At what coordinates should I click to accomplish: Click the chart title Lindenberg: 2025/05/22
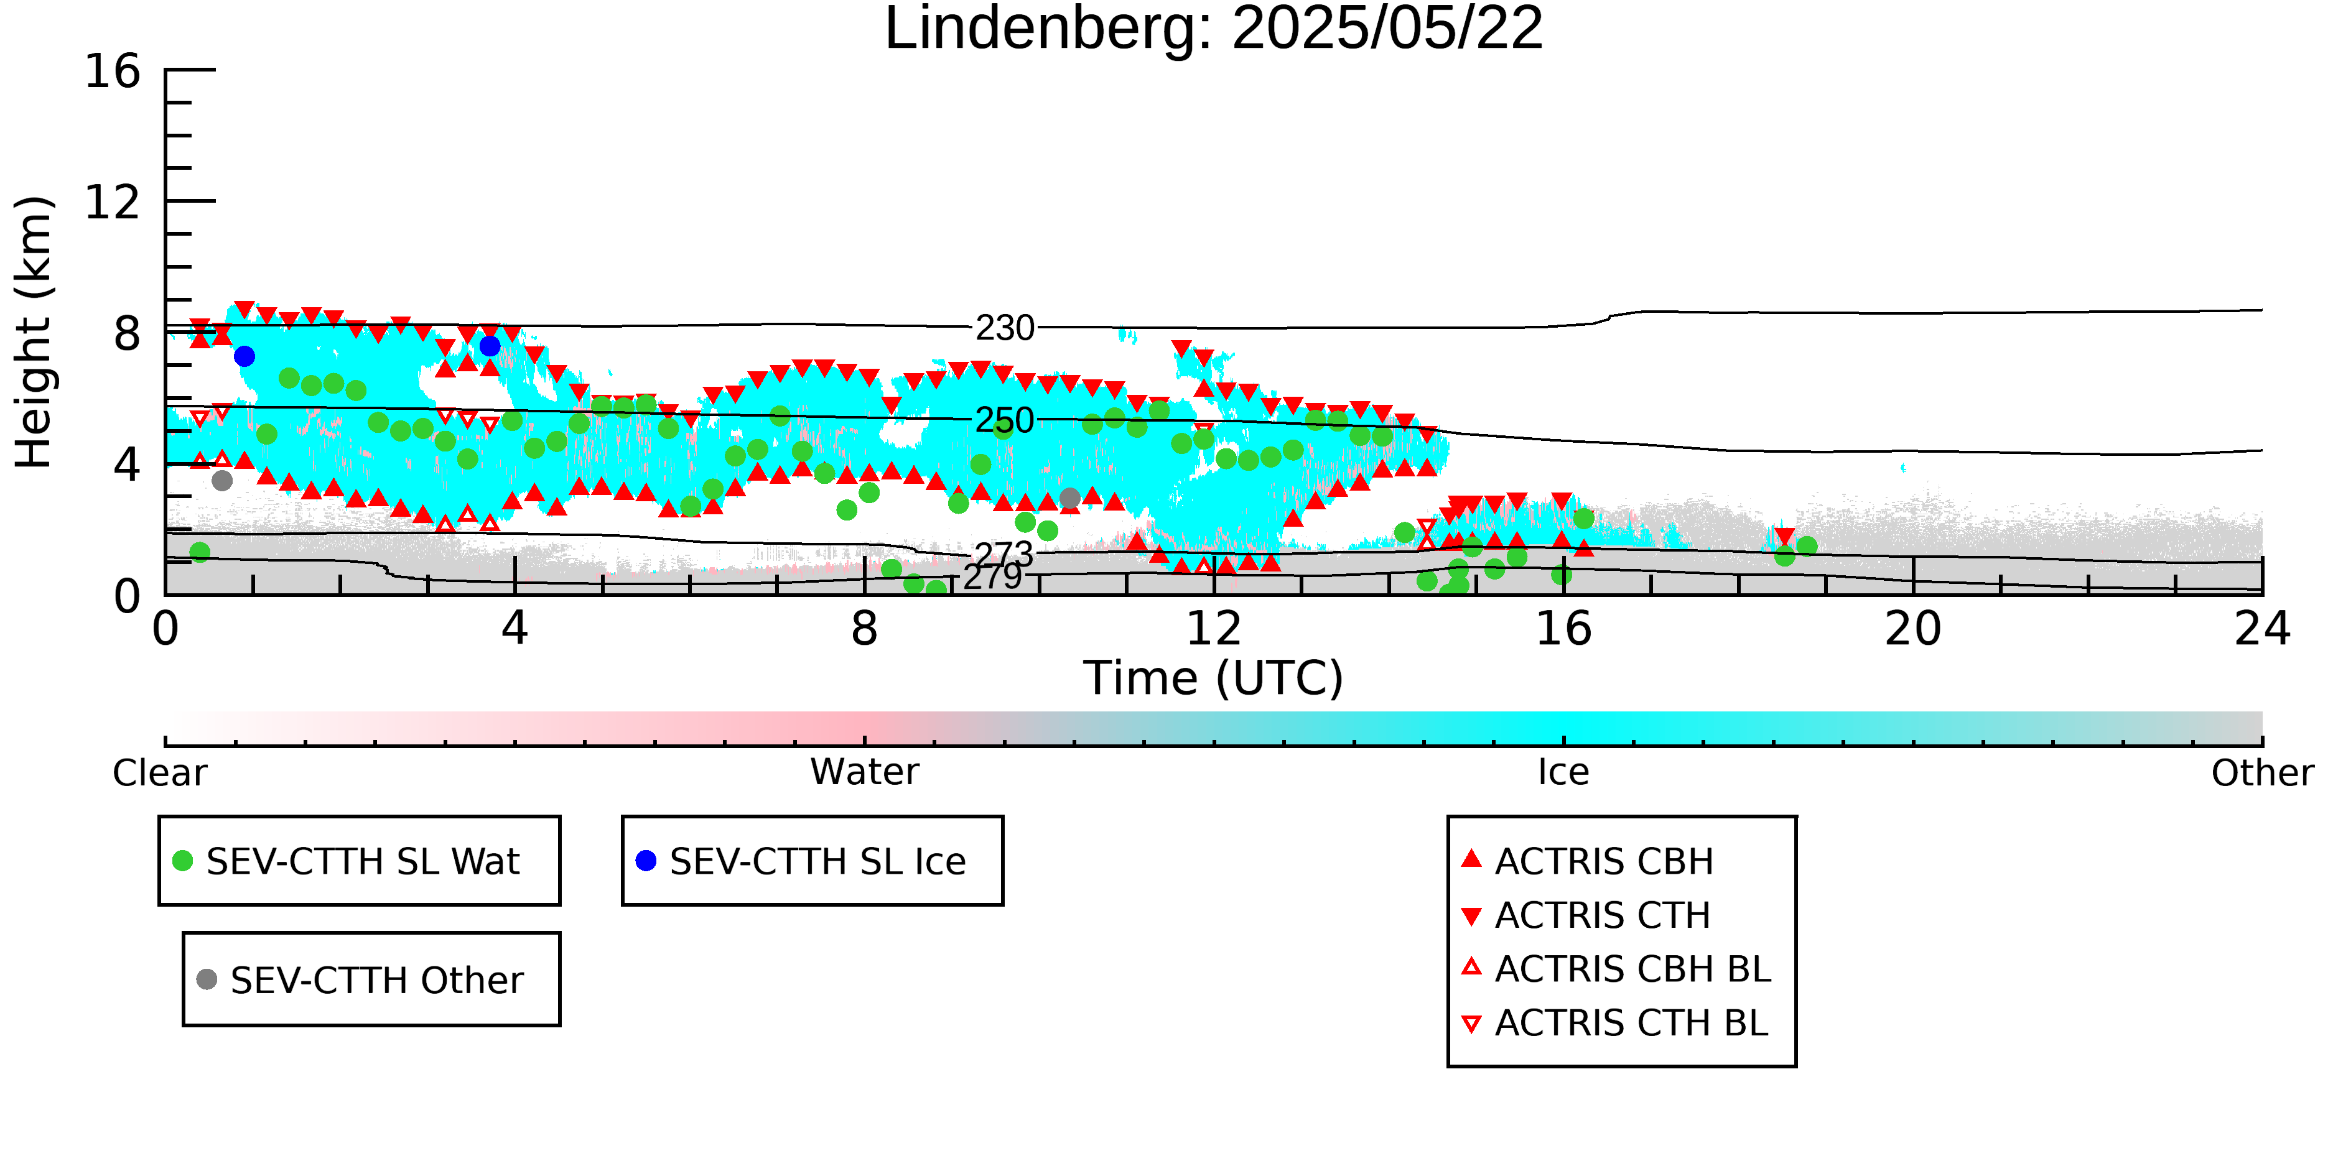pyautogui.click(x=1214, y=29)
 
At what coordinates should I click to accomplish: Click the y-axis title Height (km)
pyautogui.click(x=34, y=332)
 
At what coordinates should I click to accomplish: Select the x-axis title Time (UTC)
pyautogui.click(x=1214, y=678)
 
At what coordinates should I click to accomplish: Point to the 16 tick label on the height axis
pyautogui.click(x=113, y=71)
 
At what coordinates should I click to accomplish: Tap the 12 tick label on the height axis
pyautogui.click(x=113, y=202)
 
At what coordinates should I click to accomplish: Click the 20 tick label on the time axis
pyautogui.click(x=1913, y=628)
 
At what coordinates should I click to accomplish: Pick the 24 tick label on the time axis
pyautogui.click(x=2262, y=628)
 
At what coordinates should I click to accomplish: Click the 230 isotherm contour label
pyautogui.click(x=1004, y=328)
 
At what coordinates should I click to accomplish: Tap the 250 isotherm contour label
pyautogui.click(x=1004, y=420)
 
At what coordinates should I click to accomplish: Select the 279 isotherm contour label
pyautogui.click(x=992, y=576)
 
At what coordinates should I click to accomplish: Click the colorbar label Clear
pyautogui.click(x=159, y=773)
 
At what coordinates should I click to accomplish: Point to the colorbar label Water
pyautogui.click(x=865, y=772)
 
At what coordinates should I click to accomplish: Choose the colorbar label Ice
pyautogui.click(x=1563, y=772)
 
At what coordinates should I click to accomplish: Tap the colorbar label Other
pyautogui.click(x=2262, y=773)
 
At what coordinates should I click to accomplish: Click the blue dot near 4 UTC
pyautogui.click(x=490, y=346)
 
